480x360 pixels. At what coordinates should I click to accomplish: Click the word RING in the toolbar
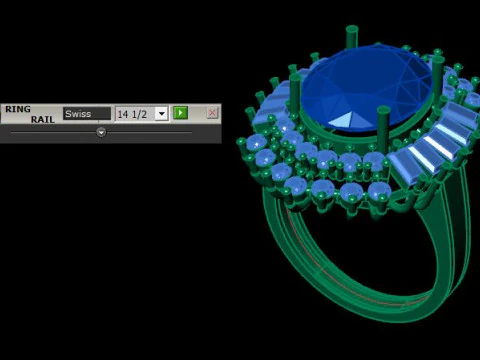coord(18,109)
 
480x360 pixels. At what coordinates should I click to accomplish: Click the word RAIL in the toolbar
coord(43,119)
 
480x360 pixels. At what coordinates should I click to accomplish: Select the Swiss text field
coord(87,114)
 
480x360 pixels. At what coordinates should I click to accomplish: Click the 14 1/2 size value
coord(132,114)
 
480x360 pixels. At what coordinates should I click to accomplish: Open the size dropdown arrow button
coord(162,114)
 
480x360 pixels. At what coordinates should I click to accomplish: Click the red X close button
coord(212,113)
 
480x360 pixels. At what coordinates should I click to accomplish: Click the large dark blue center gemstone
coord(367,88)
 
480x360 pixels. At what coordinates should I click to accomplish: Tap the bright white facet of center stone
coord(342,120)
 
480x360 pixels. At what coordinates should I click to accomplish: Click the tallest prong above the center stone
coord(352,38)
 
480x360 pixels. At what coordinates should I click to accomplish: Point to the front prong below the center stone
coord(383,128)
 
